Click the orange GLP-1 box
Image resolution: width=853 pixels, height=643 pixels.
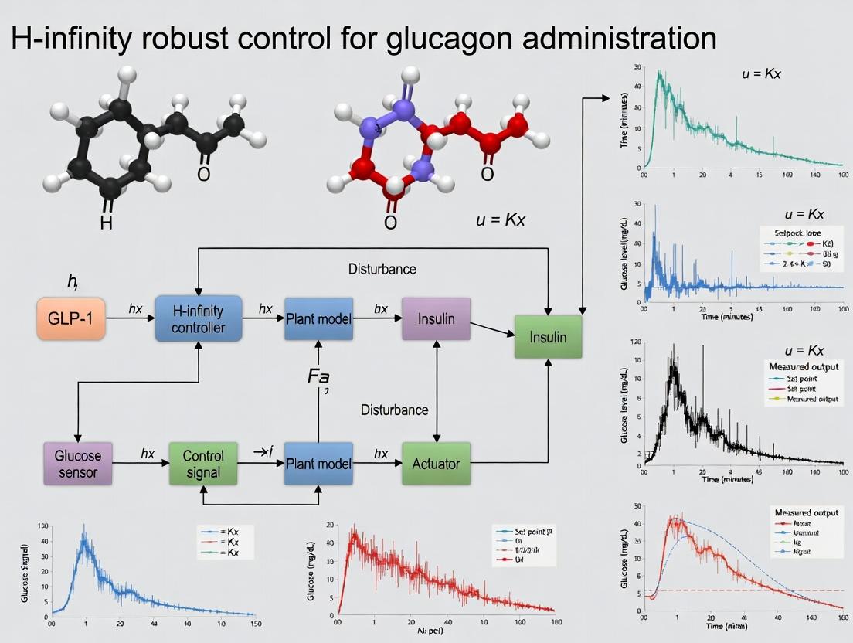(x=71, y=318)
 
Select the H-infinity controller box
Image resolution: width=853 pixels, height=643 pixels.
(x=199, y=318)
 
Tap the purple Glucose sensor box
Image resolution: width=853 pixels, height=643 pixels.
(x=78, y=461)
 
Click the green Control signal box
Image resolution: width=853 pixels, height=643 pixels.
(x=203, y=463)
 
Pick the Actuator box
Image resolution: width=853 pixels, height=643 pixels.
(x=436, y=464)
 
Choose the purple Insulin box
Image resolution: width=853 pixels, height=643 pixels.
(x=437, y=318)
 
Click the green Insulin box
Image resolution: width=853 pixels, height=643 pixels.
(x=548, y=337)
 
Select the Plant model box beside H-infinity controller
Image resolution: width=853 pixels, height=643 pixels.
(x=319, y=318)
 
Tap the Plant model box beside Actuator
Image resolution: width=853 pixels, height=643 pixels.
(x=319, y=464)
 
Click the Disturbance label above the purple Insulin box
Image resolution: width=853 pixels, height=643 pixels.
(x=382, y=269)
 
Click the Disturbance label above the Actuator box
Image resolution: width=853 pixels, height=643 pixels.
(x=394, y=410)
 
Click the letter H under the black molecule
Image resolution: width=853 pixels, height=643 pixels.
(x=106, y=223)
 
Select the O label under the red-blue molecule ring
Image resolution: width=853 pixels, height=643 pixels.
(x=390, y=223)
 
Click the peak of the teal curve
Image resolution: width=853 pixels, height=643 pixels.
(x=659, y=72)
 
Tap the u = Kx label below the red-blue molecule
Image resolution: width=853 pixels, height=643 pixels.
(x=500, y=219)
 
